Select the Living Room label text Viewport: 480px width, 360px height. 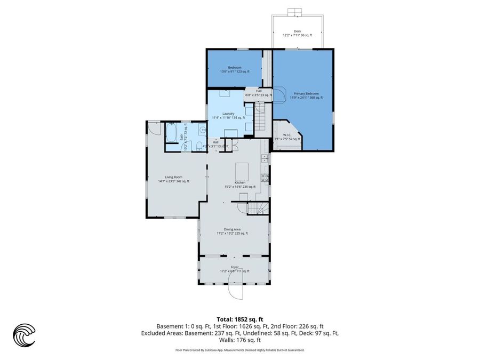tap(173, 179)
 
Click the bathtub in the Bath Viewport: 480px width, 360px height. tap(172, 133)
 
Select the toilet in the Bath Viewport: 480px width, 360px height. tap(198, 146)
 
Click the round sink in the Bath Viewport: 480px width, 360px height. tap(202, 130)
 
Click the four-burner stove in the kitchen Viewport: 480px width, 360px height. tap(263, 178)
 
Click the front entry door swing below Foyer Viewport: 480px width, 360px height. tap(235, 291)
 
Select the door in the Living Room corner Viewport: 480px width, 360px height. tap(154, 127)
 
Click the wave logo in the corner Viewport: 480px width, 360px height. tap(24, 335)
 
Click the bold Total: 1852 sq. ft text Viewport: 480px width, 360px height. tap(239, 318)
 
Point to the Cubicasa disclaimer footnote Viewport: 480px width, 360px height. tap(239, 350)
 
